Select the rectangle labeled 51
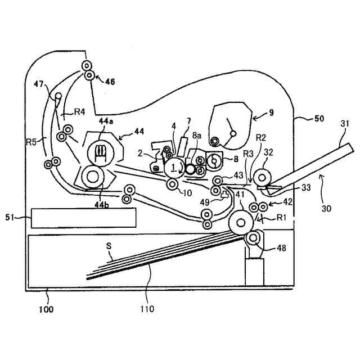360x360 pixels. (x=83, y=218)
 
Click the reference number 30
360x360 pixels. (x=327, y=208)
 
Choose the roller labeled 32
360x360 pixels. (x=262, y=178)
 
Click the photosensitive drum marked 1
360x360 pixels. (x=173, y=166)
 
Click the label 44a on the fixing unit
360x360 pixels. (x=105, y=121)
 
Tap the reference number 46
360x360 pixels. (x=109, y=82)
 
